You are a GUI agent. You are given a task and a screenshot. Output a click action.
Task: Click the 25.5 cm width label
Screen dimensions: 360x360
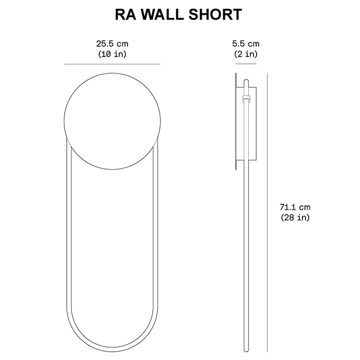(x=112, y=44)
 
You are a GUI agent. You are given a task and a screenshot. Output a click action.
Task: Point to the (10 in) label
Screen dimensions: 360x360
(x=112, y=53)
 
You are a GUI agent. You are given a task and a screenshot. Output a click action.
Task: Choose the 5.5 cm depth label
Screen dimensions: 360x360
(x=246, y=44)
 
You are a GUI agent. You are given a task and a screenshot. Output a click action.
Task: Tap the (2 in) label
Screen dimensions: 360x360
(x=246, y=53)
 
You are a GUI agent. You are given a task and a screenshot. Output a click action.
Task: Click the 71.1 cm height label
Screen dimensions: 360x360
(x=295, y=207)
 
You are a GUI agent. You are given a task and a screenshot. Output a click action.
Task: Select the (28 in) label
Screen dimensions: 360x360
(x=295, y=218)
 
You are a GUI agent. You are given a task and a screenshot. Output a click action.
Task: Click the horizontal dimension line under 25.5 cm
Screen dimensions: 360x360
(x=112, y=64)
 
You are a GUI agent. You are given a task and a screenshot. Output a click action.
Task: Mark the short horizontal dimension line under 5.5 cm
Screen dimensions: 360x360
(x=246, y=64)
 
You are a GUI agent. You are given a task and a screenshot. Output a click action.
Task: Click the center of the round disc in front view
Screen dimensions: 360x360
(x=112, y=121)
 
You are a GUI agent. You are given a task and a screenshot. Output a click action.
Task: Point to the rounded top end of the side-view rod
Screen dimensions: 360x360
(x=247, y=80)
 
